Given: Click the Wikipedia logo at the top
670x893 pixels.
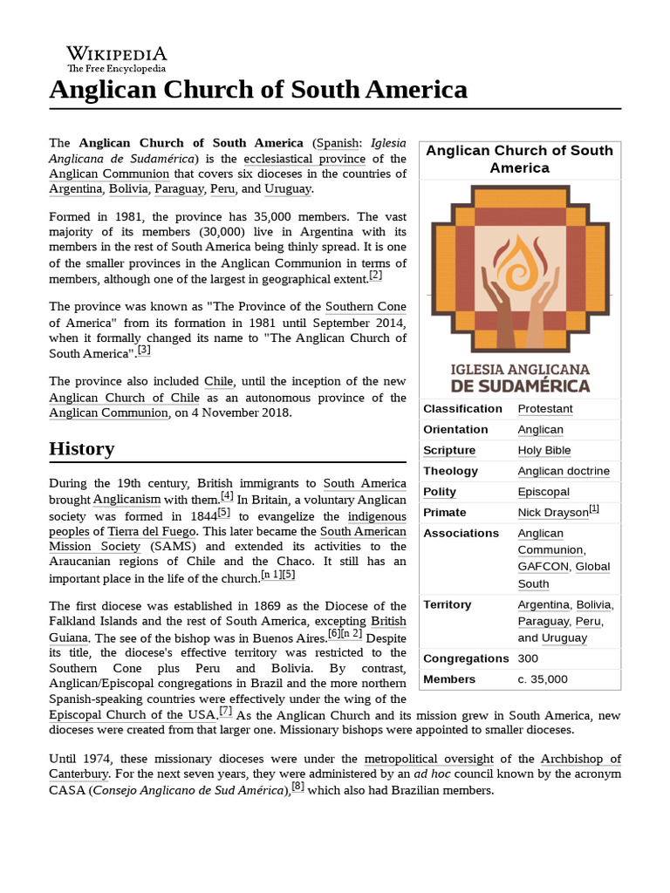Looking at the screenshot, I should tap(116, 58).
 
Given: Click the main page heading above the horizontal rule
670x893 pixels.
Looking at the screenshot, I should tap(258, 89).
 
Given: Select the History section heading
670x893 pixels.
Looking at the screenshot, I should tap(82, 449).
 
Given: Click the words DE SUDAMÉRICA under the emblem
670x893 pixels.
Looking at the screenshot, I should tap(520, 385).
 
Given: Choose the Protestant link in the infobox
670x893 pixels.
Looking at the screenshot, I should tap(545, 409).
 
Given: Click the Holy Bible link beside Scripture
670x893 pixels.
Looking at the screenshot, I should tap(544, 451).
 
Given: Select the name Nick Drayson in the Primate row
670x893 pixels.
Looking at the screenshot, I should tap(553, 513).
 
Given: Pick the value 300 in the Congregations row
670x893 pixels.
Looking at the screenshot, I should tap(528, 658).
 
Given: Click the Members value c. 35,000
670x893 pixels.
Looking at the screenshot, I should tap(543, 679).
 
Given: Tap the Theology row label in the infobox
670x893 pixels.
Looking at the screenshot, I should tap(451, 471).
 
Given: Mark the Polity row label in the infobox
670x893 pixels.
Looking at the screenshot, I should tap(440, 492).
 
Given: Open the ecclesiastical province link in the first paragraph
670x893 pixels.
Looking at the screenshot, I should tap(304, 159).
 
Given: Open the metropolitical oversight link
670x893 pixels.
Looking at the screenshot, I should tap(428, 759).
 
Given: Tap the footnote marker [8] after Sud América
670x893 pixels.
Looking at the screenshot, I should tap(297, 787).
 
